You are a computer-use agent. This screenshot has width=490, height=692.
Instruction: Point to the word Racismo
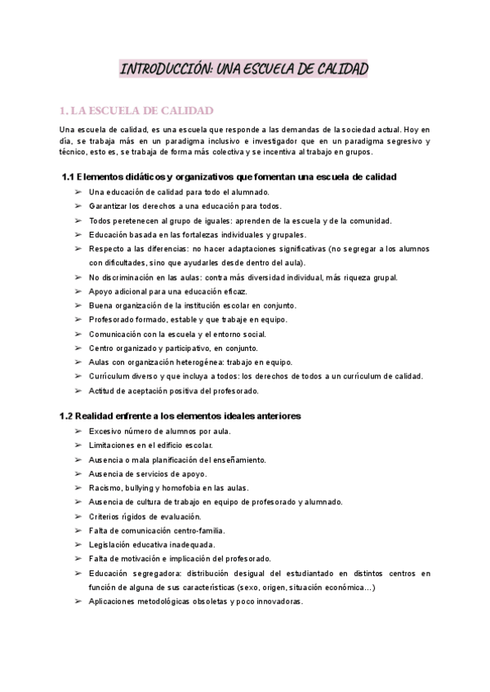105,488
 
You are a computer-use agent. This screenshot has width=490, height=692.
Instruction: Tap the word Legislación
113,544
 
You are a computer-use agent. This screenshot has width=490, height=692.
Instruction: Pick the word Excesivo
107,431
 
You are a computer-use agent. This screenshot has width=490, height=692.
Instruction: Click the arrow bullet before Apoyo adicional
77,291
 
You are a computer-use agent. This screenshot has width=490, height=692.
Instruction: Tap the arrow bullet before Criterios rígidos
77,517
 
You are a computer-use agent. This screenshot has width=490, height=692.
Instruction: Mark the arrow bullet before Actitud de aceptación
77,390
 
